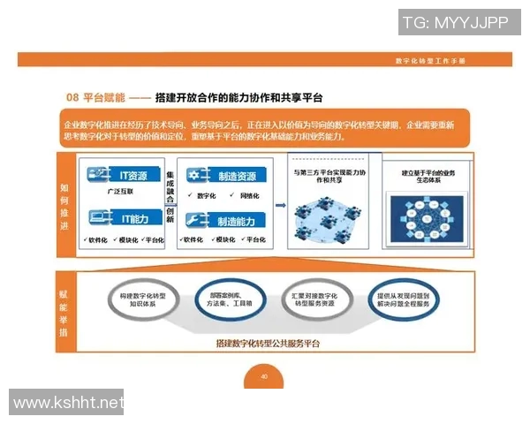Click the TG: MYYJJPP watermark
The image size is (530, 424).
(455, 22)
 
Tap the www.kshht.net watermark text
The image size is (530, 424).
(69, 405)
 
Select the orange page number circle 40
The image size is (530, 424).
(264, 376)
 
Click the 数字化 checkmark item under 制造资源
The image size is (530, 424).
(206, 195)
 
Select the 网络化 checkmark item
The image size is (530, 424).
(247, 195)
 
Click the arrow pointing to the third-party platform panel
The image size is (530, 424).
(280, 206)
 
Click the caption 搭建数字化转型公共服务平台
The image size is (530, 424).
(267, 342)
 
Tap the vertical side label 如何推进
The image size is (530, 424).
(64, 205)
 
